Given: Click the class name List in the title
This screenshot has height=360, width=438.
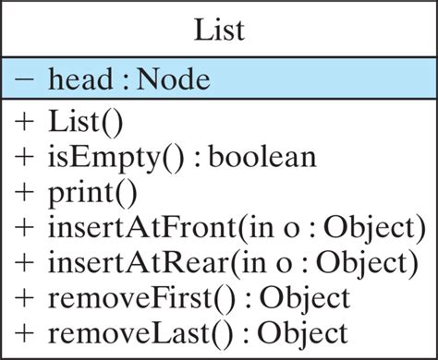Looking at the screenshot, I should click(219, 30).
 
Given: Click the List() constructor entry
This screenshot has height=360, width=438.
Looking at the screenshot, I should click(87, 123).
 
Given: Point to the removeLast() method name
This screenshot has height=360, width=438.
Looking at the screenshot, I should click(128, 331).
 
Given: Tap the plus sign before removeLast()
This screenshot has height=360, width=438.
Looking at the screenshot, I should click(26, 331).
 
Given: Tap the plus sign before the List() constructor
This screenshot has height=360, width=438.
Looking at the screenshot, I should click(26, 123).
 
